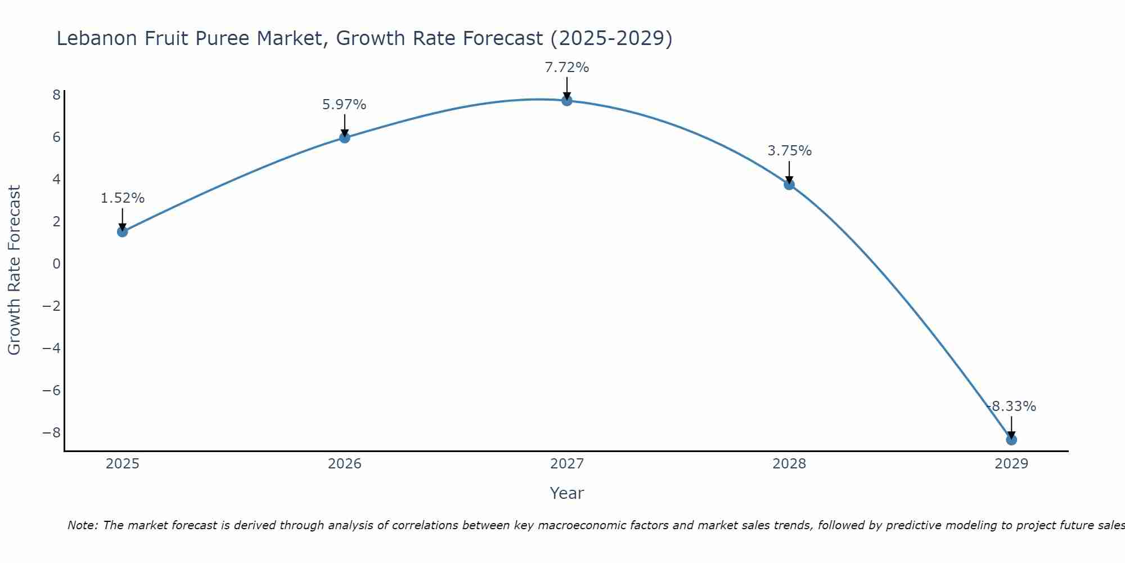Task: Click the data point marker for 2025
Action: [x=123, y=231]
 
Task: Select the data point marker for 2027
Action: [x=567, y=101]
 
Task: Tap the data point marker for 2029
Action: [x=1011, y=440]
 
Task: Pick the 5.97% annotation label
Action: [x=344, y=105]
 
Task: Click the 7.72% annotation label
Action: [x=567, y=68]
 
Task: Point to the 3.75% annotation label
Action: [x=789, y=151]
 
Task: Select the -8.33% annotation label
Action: [x=1011, y=406]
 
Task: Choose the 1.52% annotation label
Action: [x=123, y=198]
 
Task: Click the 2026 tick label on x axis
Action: [x=345, y=464]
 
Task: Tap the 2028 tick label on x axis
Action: [x=789, y=464]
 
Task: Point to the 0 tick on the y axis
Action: [x=56, y=264]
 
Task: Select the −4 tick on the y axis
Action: [x=52, y=348]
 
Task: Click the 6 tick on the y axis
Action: [x=56, y=137]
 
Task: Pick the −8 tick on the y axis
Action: [x=52, y=433]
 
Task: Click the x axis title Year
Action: [x=567, y=493]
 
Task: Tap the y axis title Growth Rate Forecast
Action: [x=15, y=270]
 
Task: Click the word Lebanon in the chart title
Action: [x=95, y=38]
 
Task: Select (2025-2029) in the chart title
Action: [x=611, y=38]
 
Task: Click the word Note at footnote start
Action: [x=83, y=525]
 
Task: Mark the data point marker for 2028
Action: [x=789, y=184]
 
